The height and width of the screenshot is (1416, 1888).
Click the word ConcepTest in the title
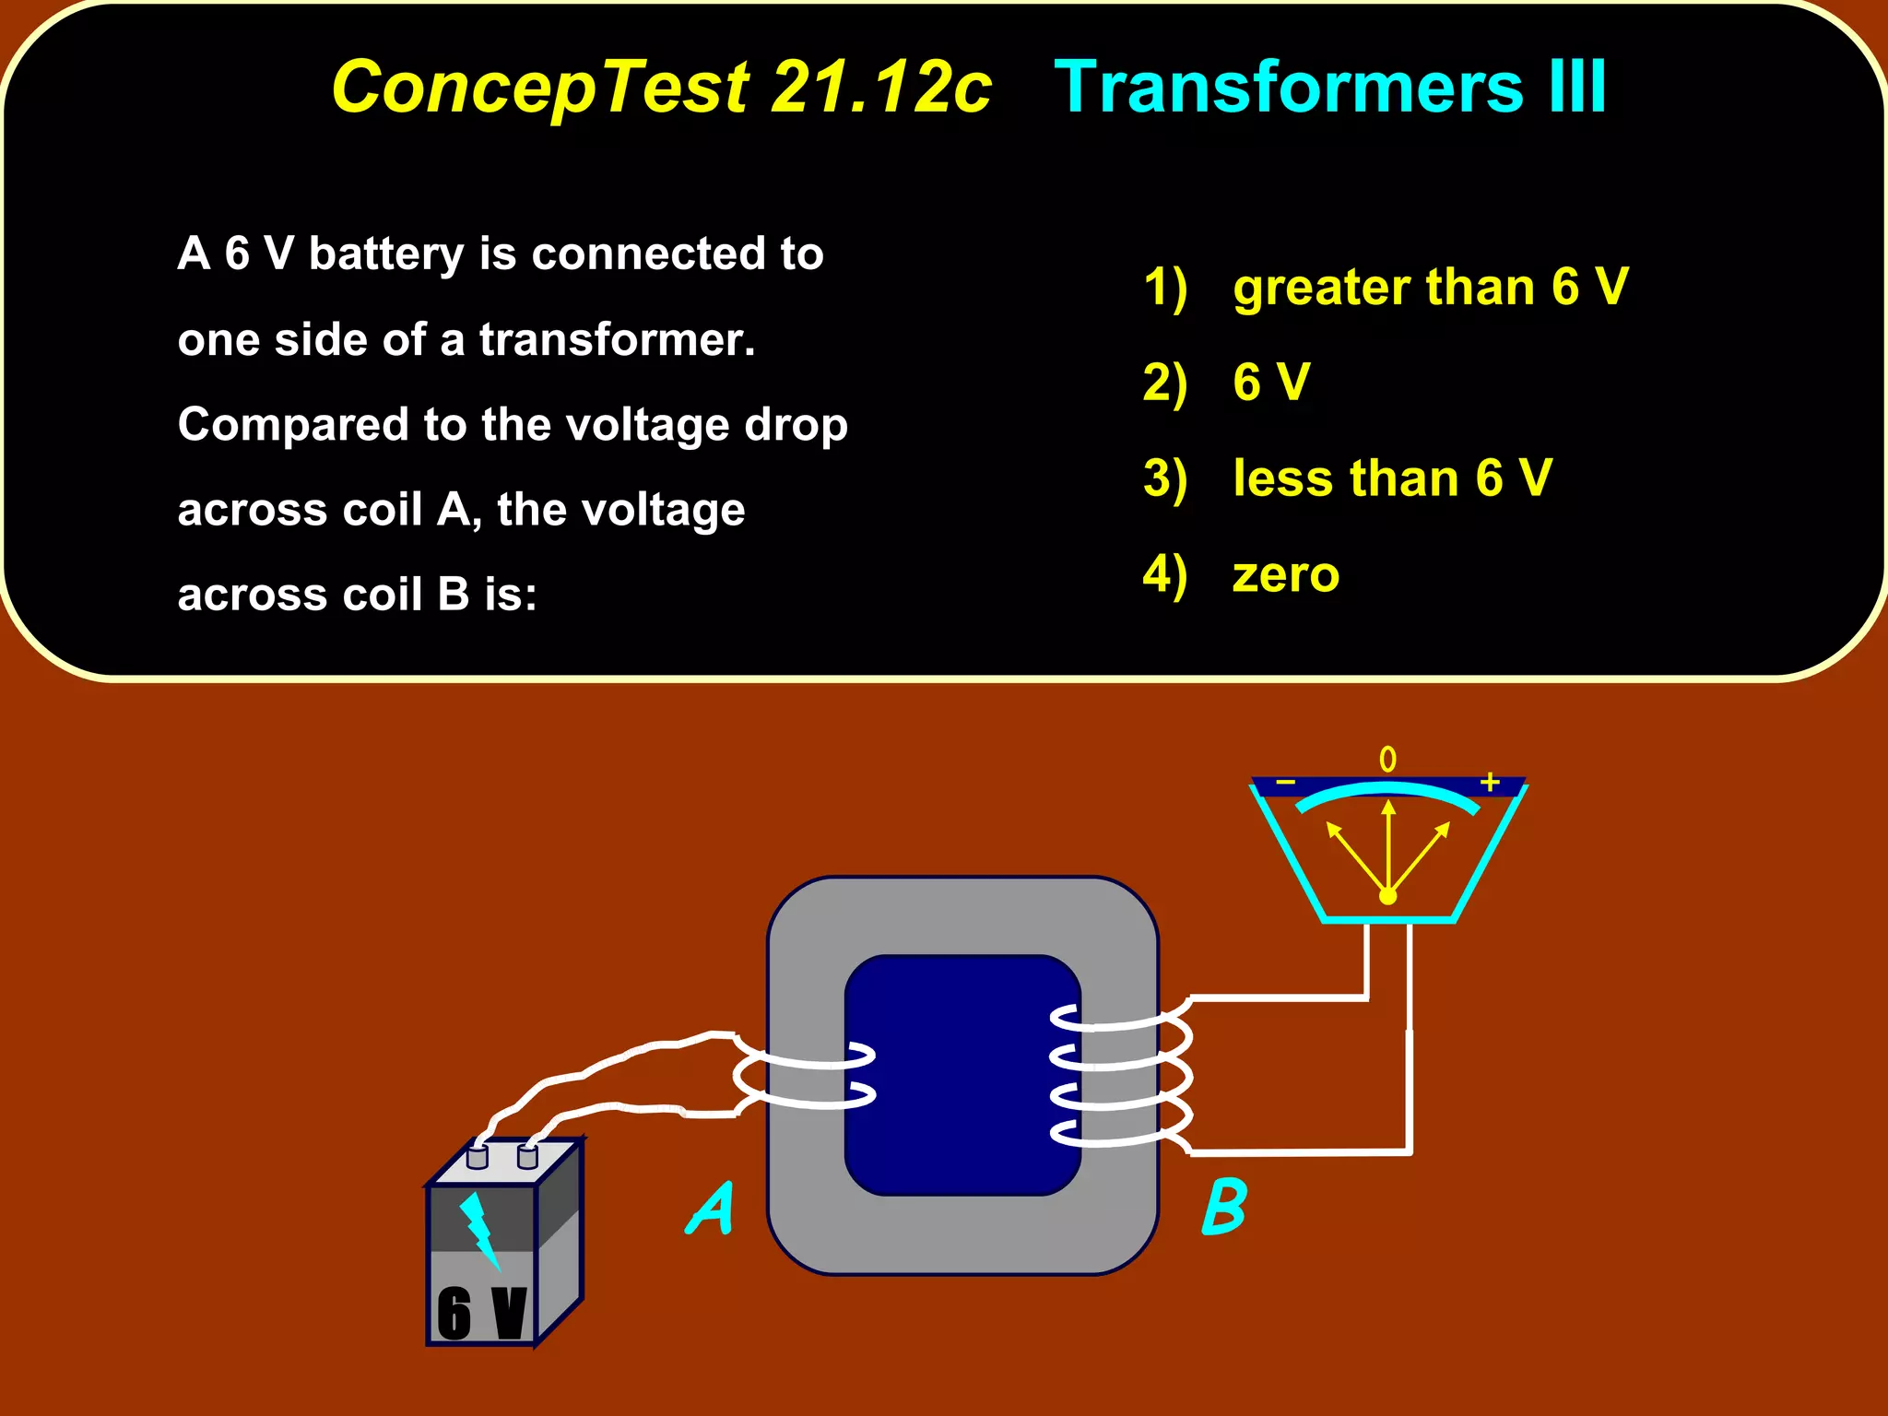click(540, 88)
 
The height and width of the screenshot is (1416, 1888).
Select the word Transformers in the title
click(1289, 88)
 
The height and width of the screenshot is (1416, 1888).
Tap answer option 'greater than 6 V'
click(1430, 287)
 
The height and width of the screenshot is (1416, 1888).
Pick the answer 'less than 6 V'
click(1392, 478)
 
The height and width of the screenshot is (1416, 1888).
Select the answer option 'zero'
click(1285, 574)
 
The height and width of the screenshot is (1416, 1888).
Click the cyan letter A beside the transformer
click(711, 1209)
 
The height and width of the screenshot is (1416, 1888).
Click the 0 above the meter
click(1387, 760)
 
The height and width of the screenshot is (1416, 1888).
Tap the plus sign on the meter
click(1490, 783)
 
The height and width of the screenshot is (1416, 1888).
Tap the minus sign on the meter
click(1285, 784)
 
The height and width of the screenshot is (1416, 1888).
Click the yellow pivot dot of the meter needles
click(1387, 896)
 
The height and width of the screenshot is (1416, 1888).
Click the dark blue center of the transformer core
click(962, 1075)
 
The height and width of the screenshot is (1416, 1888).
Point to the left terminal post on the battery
click(478, 1156)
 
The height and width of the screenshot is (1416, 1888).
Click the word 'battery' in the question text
click(386, 254)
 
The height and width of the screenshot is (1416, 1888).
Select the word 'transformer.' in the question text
click(617, 339)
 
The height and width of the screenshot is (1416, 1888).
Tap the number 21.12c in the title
click(881, 88)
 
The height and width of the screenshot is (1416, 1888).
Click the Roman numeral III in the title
click(1577, 88)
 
